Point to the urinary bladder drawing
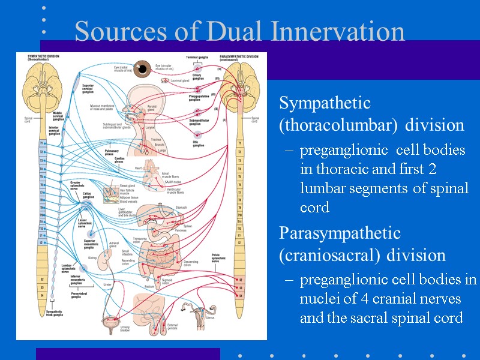pos(109,322)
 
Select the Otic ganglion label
pos(198,143)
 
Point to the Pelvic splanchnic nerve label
pos(220,258)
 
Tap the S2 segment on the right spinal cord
pos(241,280)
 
